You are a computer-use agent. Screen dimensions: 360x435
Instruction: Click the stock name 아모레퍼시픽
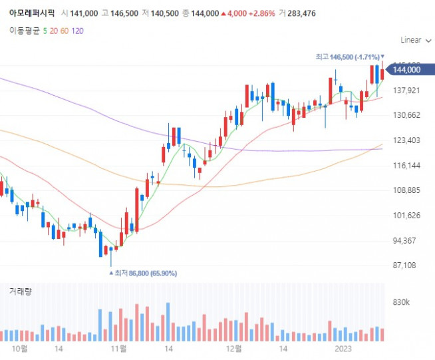[x=29, y=13]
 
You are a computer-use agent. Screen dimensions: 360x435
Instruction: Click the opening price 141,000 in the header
[x=84, y=13]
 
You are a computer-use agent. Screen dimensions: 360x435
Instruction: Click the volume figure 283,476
[x=298, y=13]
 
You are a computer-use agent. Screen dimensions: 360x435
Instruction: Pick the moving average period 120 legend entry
[x=77, y=31]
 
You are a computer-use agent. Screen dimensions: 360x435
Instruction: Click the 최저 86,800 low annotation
[x=136, y=273]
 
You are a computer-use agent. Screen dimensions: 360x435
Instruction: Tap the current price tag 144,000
[x=406, y=69]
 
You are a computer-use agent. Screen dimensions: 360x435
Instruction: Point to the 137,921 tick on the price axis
[x=406, y=90]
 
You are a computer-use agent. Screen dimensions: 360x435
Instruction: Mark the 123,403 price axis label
[x=406, y=140]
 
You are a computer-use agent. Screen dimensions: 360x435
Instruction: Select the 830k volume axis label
[x=402, y=303]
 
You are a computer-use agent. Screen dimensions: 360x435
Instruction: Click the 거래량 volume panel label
[x=20, y=291]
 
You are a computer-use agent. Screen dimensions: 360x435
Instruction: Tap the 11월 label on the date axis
[x=118, y=348]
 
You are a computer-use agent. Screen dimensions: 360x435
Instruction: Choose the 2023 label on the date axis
[x=343, y=348]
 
